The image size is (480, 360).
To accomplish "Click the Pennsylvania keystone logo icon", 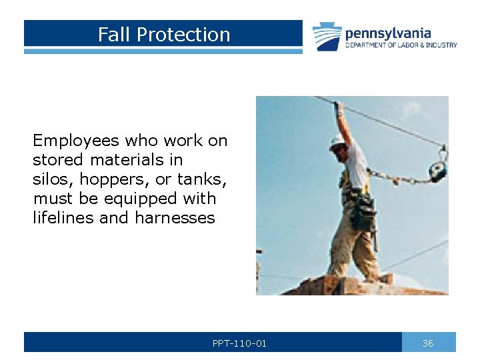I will coord(327,37).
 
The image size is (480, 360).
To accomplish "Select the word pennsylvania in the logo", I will coord(388,33).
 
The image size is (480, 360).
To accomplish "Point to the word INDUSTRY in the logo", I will coord(439,45).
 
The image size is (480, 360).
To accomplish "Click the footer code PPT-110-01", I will coord(239,343).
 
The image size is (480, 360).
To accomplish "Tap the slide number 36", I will coord(428,343).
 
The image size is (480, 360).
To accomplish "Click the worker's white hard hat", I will coord(337,141).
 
